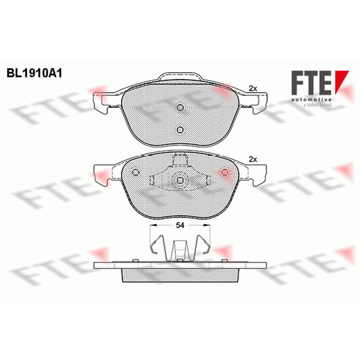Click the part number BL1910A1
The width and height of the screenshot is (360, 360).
click(x=35, y=73)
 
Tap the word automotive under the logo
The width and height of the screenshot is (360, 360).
click(x=311, y=99)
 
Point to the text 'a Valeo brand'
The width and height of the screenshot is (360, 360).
click(x=317, y=105)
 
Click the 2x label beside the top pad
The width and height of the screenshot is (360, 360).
click(x=253, y=88)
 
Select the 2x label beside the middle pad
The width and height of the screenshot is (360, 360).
click(x=253, y=159)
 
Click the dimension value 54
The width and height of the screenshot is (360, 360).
click(x=180, y=225)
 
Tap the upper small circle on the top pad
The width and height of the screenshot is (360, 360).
click(x=180, y=108)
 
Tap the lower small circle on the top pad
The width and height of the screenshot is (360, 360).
click(x=180, y=130)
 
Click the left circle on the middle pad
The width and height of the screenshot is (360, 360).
click(x=135, y=172)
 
